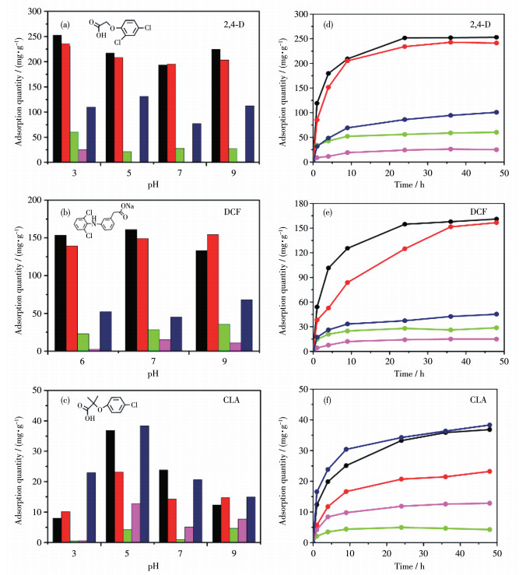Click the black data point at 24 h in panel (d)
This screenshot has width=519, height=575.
pos(405,38)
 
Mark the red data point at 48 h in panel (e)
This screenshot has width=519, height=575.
pos(496,223)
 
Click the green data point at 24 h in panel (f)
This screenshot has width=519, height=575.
pos(405,528)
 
